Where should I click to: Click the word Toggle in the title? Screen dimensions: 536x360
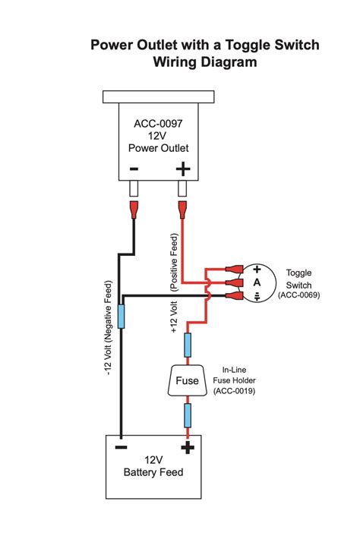243,46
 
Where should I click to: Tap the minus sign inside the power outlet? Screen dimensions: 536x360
134,169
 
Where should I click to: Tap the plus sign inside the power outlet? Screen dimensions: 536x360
182,169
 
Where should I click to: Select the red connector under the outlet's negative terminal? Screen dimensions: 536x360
134,207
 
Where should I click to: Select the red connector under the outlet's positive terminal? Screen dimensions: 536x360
182,207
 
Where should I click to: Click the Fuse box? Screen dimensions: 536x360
186,381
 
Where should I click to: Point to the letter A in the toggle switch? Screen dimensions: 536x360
257,282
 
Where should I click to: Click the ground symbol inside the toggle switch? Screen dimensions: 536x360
257,296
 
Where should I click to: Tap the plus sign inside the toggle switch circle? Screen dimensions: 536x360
257,270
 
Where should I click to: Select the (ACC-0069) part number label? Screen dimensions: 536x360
298,295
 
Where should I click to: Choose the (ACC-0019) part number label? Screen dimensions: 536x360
234,391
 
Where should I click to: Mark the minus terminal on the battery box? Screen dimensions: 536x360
121,448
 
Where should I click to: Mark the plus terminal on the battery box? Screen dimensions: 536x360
186,448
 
